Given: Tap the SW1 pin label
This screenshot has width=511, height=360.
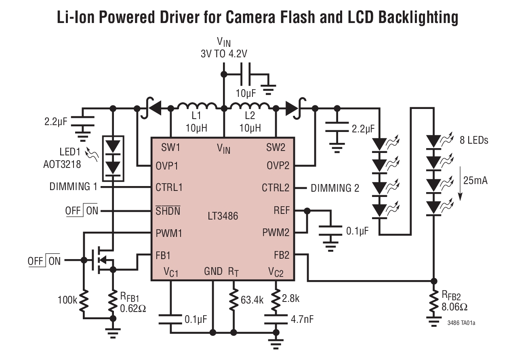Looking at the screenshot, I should pyautogui.click(x=170, y=147).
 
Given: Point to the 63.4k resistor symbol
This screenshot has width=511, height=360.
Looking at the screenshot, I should pyautogui.click(x=233, y=299).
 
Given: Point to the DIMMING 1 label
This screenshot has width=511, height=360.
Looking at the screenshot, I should pyautogui.click(x=74, y=187).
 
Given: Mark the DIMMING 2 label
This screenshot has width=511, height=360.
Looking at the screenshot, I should pyautogui.click(x=334, y=188).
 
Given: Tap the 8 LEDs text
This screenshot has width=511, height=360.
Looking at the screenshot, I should pyautogui.click(x=473, y=140).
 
